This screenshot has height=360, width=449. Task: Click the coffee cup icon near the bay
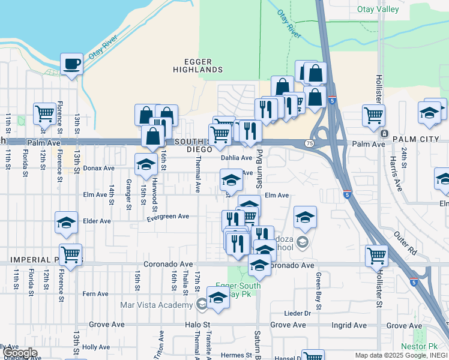click(x=71, y=64)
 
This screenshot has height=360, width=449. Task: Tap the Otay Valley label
click(x=378, y=9)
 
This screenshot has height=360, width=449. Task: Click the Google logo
click(x=20, y=353)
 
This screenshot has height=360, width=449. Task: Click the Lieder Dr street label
click(x=298, y=313)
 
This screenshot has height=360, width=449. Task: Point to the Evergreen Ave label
click(x=167, y=217)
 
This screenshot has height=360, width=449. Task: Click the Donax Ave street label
click(x=98, y=169)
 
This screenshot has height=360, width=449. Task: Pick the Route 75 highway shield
click(x=309, y=143)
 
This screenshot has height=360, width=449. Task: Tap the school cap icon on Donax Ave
click(x=146, y=165)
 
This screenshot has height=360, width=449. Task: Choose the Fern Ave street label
click(x=95, y=294)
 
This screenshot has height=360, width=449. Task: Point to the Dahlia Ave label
click(x=237, y=158)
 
